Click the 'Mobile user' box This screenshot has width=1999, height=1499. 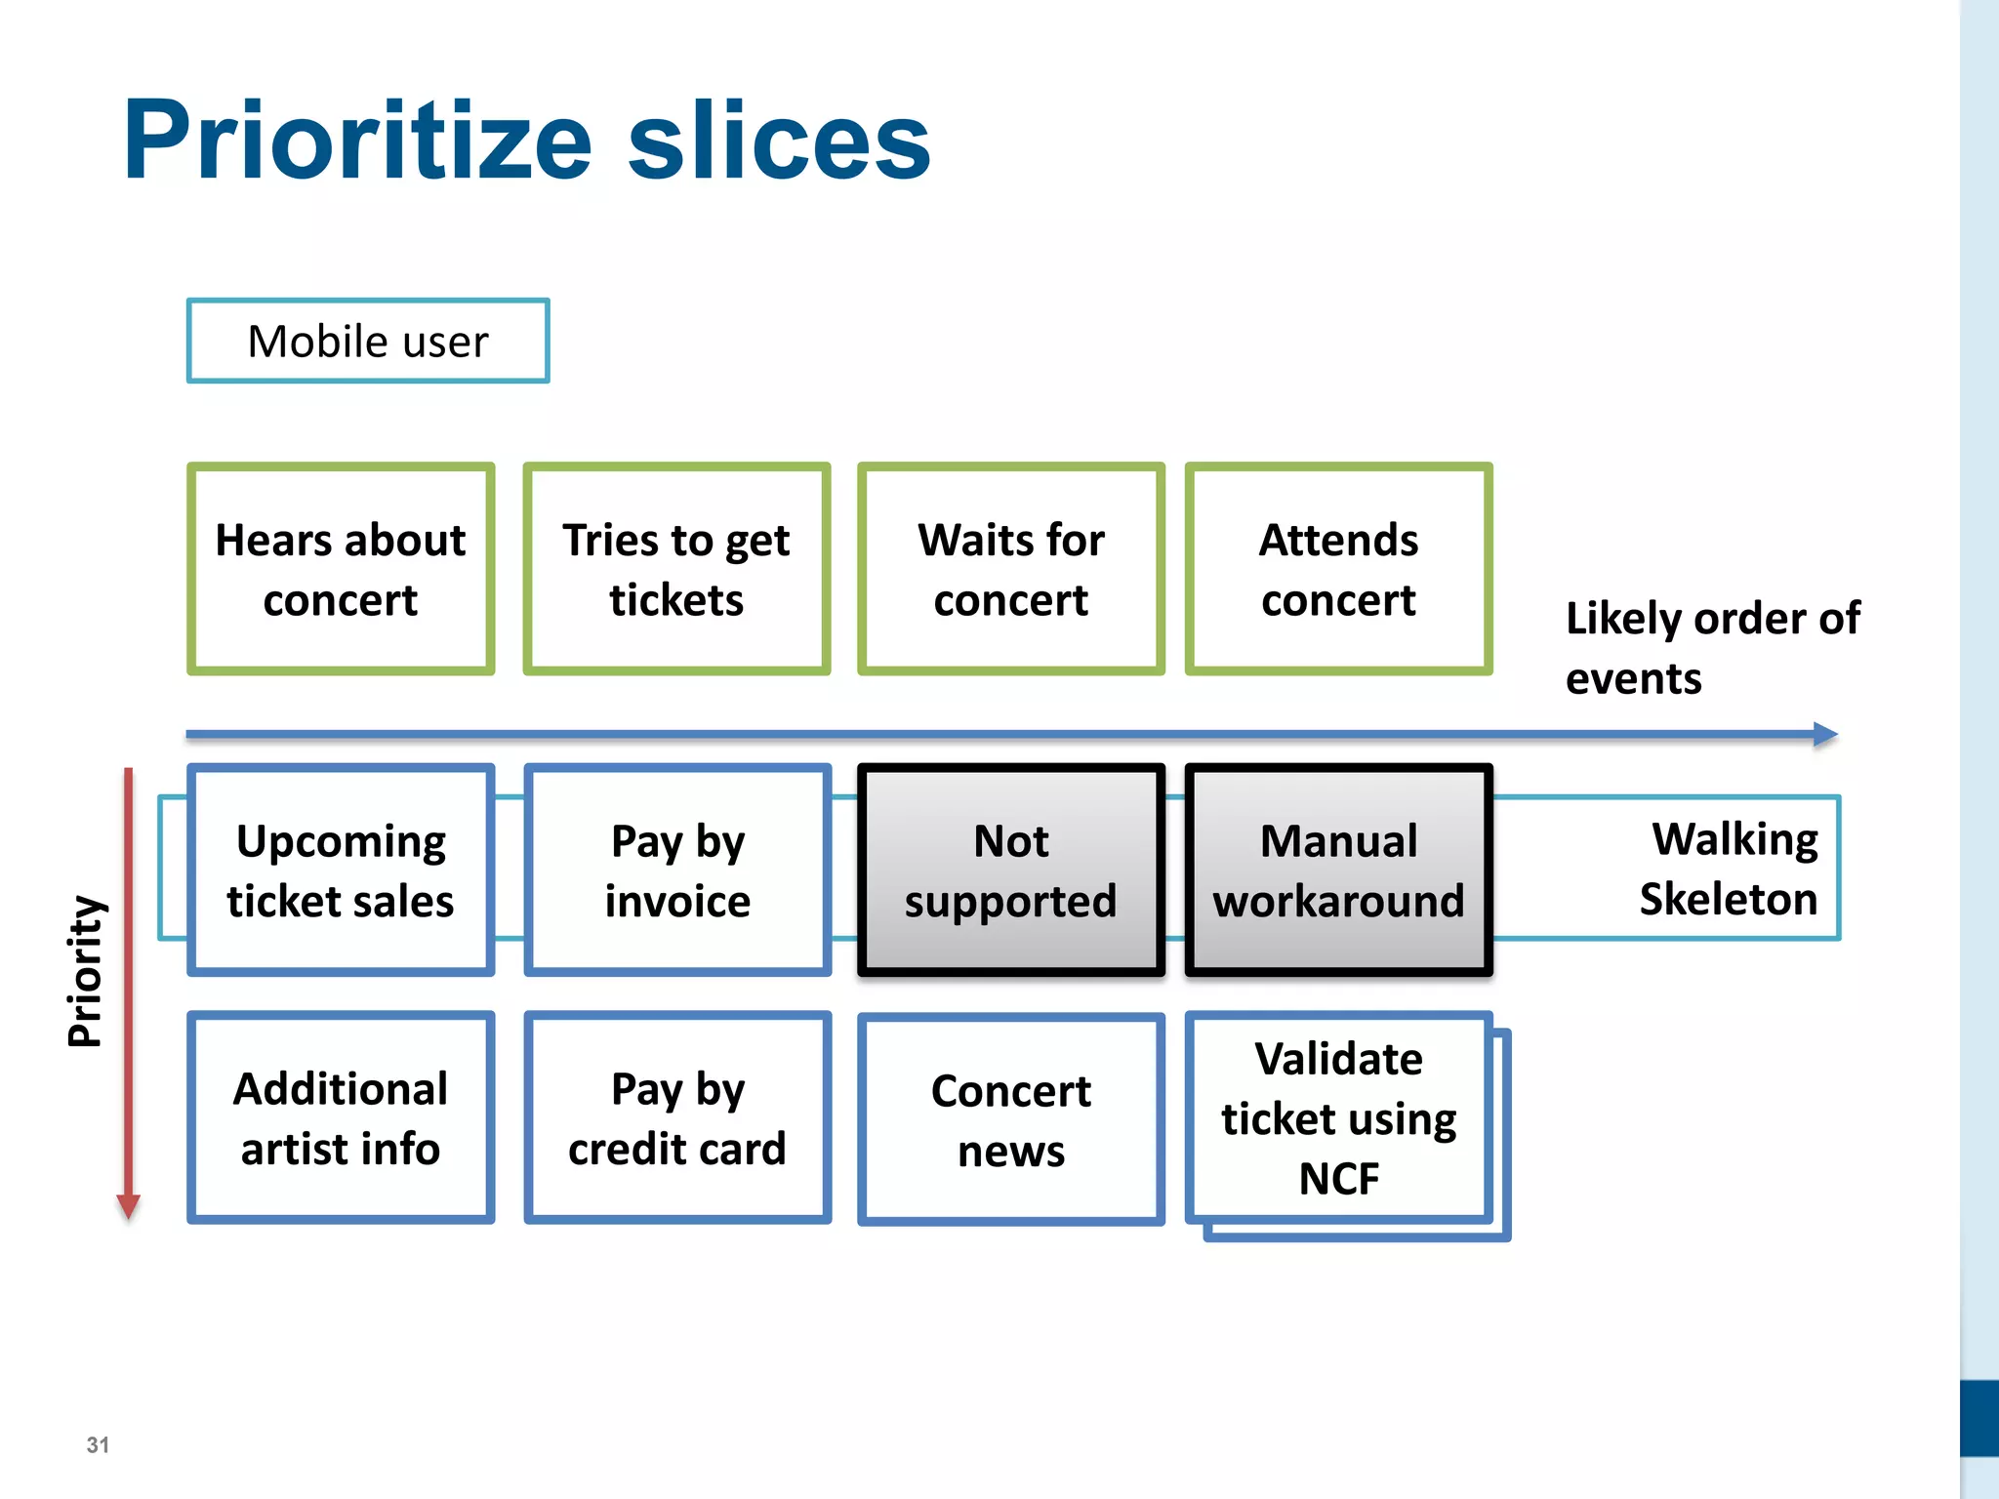click(368, 341)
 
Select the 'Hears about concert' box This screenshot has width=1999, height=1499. click(341, 569)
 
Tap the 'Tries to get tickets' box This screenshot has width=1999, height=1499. click(676, 569)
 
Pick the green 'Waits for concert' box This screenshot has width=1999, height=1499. click(1011, 569)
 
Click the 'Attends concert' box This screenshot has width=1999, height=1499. click(1338, 569)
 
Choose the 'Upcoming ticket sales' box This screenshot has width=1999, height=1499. click(341, 870)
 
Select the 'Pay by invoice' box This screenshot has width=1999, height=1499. click(677, 870)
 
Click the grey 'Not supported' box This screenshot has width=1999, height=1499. click(1011, 870)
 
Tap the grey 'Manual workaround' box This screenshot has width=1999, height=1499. click(1338, 870)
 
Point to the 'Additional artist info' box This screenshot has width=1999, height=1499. click(341, 1117)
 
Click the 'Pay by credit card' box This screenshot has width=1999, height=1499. click(677, 1117)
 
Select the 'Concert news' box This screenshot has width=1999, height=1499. click(1011, 1119)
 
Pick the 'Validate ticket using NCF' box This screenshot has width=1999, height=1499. click(1338, 1117)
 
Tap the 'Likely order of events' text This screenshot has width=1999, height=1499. click(1712, 647)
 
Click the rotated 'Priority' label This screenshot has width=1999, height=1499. click(85, 970)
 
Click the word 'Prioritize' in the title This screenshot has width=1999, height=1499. click(357, 141)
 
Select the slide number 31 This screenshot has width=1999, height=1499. click(98, 1444)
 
